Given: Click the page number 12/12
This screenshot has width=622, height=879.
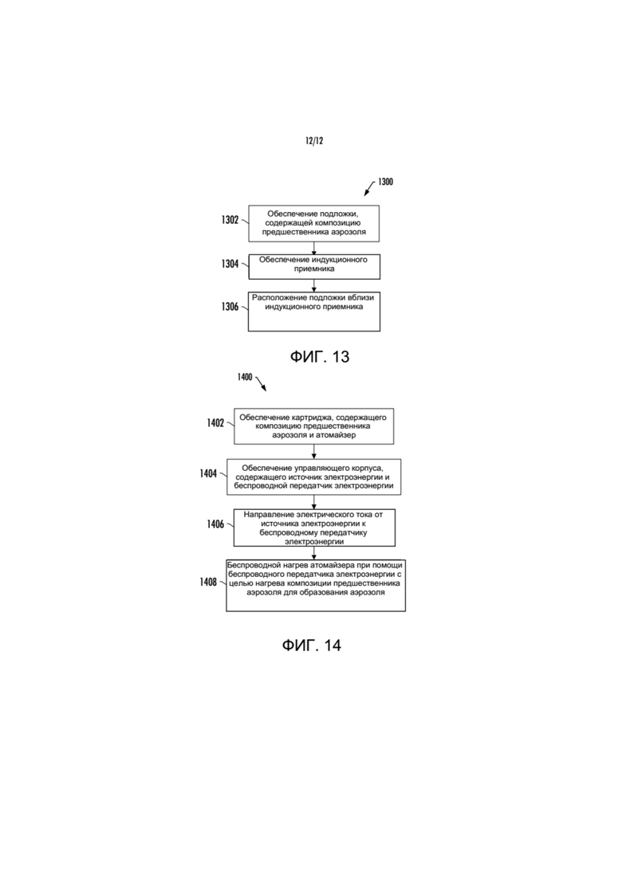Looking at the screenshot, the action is point(314,141).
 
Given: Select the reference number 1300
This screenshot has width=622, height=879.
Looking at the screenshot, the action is point(385,182).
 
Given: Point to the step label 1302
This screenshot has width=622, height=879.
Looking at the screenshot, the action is point(230,220).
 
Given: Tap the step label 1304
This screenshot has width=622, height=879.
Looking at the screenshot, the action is point(230,264).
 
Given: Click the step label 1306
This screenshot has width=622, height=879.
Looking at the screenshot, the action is point(230,307).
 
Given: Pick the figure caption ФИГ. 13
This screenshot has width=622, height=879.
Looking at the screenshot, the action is point(320,356).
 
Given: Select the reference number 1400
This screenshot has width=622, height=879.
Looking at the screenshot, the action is point(245,377).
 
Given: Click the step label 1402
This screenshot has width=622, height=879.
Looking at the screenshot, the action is point(216,423).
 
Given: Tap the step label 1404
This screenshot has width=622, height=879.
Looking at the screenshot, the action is point(209,473).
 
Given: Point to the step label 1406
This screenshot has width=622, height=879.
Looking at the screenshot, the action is point(216,524).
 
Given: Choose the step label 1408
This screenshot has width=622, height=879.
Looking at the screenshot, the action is point(209,583).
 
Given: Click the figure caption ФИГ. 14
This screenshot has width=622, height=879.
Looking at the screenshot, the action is point(311,646).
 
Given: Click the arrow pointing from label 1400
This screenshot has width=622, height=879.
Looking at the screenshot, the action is point(261,384).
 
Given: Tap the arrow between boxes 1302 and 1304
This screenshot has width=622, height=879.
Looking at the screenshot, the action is point(313,248).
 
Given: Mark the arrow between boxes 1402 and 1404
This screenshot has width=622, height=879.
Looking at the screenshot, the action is point(313,451).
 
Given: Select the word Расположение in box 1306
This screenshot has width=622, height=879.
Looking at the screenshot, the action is point(278,298).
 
